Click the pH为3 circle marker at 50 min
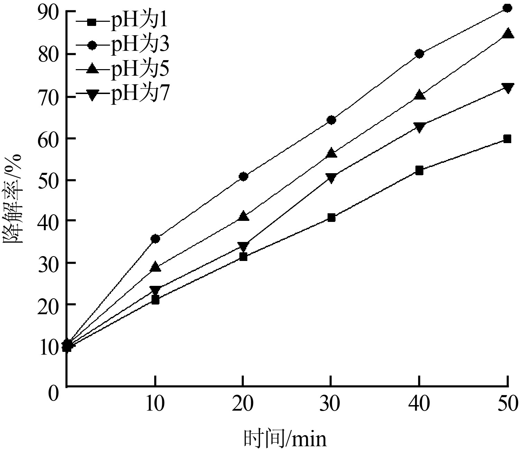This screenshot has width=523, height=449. point(507,8)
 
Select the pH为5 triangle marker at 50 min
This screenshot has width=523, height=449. point(507,34)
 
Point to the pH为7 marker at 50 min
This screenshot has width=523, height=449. point(507,88)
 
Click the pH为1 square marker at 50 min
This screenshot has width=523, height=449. point(507,139)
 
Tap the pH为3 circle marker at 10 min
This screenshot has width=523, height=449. point(155,238)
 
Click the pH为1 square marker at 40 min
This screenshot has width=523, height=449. point(419,170)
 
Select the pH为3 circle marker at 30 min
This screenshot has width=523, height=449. point(331,120)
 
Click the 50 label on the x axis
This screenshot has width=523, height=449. point(507,404)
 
